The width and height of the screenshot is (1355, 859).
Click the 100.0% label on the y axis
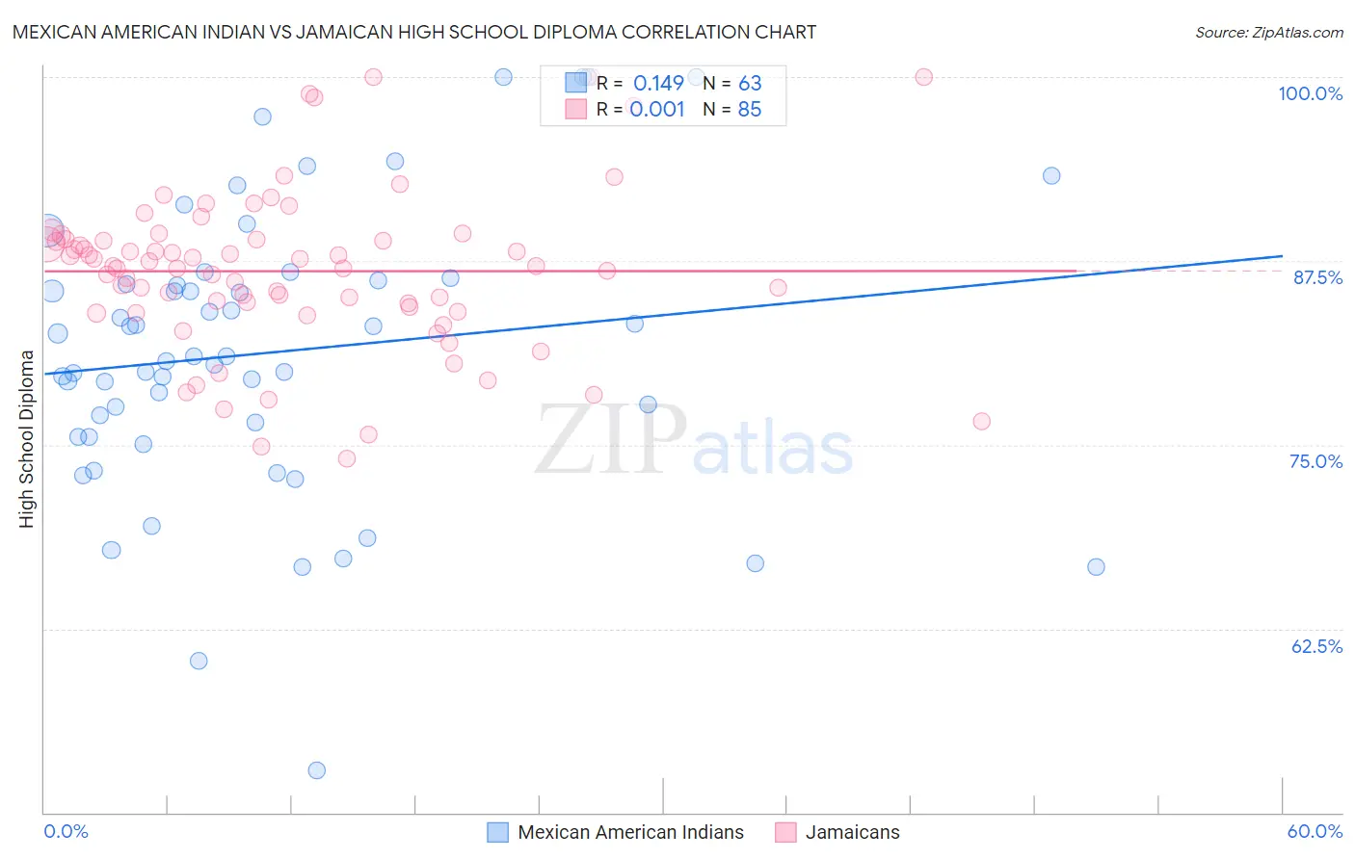[x=1310, y=93]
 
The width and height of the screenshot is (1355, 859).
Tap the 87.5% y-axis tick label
[x=1316, y=277]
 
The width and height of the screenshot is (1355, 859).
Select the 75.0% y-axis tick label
[x=1315, y=461]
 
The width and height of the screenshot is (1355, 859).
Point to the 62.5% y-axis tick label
[x=1316, y=646]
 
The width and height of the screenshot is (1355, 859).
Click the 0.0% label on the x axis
[x=66, y=831]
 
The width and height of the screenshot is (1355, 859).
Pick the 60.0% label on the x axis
[x=1315, y=831]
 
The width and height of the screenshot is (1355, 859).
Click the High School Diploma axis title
[x=27, y=439]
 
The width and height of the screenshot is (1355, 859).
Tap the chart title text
[x=414, y=32]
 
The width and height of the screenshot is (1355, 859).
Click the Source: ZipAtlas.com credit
[x=1268, y=33]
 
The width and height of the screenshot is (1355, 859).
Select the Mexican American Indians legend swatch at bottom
[x=497, y=832]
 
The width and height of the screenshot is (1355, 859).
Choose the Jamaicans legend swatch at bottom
[x=785, y=832]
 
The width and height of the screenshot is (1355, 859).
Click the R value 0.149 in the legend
[x=658, y=84]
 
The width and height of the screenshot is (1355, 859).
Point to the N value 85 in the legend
[x=749, y=110]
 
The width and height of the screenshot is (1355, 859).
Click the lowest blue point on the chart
[x=316, y=770]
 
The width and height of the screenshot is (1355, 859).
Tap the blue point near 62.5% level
[x=199, y=661]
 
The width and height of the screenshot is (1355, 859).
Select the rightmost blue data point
[x=1096, y=567]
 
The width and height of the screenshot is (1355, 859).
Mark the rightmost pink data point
[x=981, y=421]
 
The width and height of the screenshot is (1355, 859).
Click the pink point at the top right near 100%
[x=923, y=77]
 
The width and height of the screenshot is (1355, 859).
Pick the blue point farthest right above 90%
[x=1051, y=176]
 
